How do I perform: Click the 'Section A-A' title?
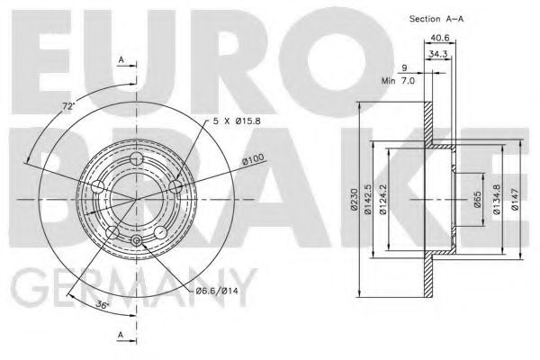point(436,19)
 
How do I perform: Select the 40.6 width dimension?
point(440,38)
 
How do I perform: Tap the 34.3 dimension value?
point(437,54)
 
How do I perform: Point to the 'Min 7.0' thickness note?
point(398,81)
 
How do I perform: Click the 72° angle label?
point(68,106)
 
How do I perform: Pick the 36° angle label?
point(103,304)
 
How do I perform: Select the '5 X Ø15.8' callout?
point(236,121)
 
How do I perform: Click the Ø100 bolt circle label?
point(253,158)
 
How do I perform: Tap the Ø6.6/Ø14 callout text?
point(217,291)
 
